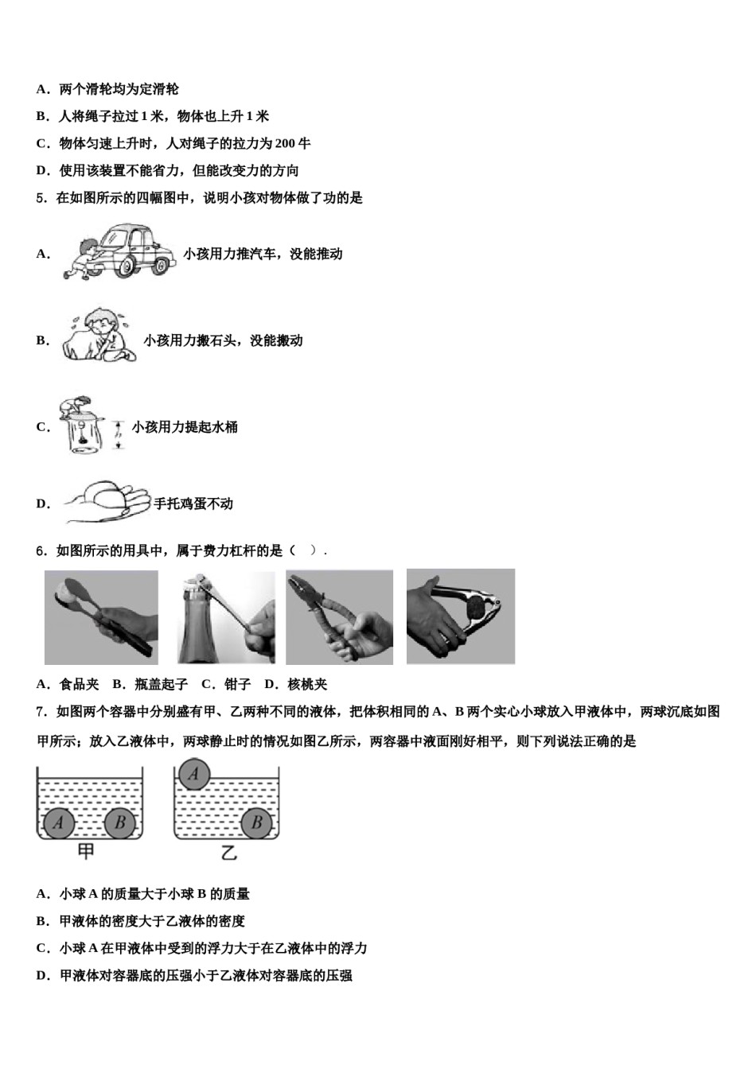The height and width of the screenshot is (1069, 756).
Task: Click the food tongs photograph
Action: [x=101, y=617]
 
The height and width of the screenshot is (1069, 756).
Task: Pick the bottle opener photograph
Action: [x=226, y=617]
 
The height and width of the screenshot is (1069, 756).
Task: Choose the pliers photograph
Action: [x=339, y=617]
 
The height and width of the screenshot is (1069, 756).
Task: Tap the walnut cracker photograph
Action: [x=461, y=616]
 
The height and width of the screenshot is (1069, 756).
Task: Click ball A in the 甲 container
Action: [x=58, y=822]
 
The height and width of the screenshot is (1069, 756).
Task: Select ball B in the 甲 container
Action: [x=120, y=822]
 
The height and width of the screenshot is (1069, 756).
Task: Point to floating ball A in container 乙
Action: [x=194, y=773]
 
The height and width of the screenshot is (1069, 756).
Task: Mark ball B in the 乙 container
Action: [x=257, y=822]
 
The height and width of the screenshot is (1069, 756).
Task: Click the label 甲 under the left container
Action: [x=86, y=853]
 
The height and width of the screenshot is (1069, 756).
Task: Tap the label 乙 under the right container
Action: [x=228, y=853]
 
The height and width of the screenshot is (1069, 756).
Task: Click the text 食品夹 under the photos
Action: [x=80, y=684]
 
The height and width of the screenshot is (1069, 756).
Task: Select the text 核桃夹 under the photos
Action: [x=307, y=684]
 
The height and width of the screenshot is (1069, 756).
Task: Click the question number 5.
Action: [x=41, y=198]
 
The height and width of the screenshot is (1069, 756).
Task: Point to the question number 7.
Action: [x=41, y=712]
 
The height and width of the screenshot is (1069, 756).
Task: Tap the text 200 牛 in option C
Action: [x=292, y=144]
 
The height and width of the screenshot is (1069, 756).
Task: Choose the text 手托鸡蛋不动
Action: [x=193, y=503]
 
